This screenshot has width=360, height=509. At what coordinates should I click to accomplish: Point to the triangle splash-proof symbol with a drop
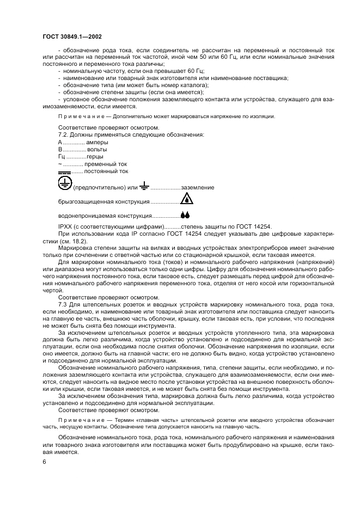[186, 199]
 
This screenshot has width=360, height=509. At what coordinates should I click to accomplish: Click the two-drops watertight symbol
[185, 215]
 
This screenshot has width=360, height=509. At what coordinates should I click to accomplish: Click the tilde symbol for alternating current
[59, 164]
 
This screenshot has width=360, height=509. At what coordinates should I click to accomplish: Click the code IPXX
[65, 226]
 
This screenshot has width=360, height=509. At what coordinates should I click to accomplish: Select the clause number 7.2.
[64, 134]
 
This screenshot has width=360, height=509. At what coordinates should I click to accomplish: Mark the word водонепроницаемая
[84, 216]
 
